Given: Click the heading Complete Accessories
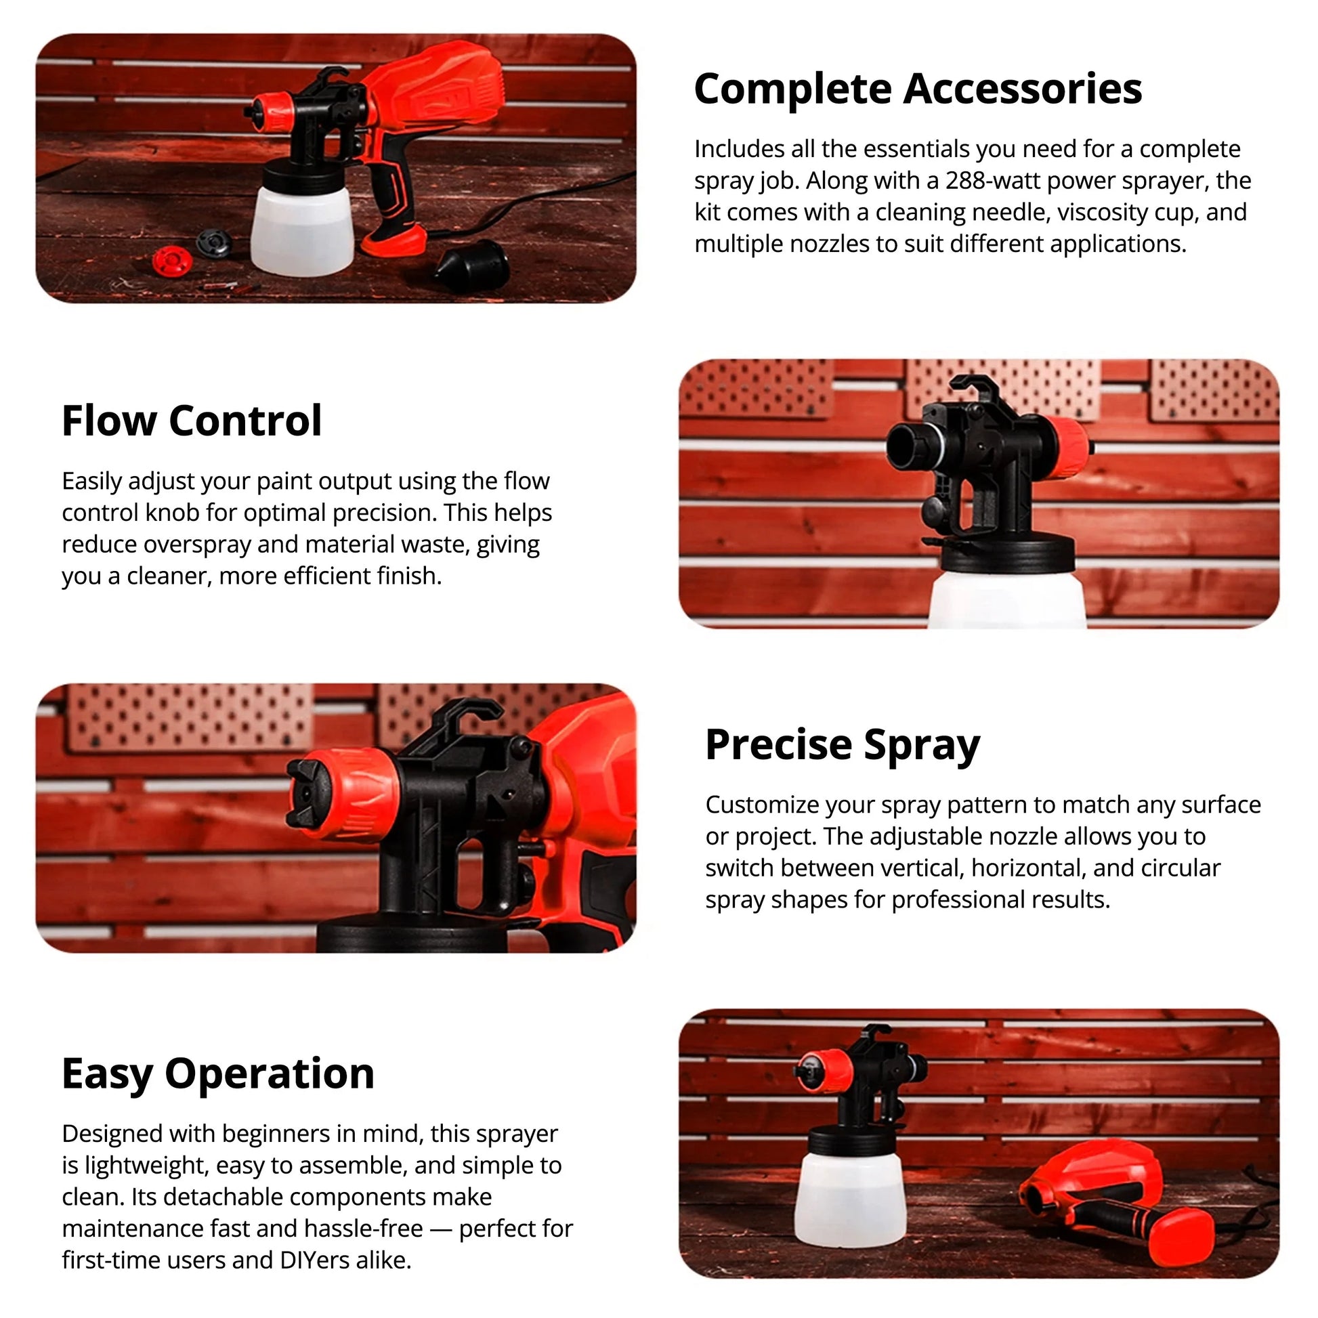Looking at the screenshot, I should point(918,89).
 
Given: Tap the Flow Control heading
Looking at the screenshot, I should point(192,421).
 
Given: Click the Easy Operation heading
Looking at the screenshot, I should point(218,1073).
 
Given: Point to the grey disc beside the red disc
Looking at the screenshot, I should point(213,242).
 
